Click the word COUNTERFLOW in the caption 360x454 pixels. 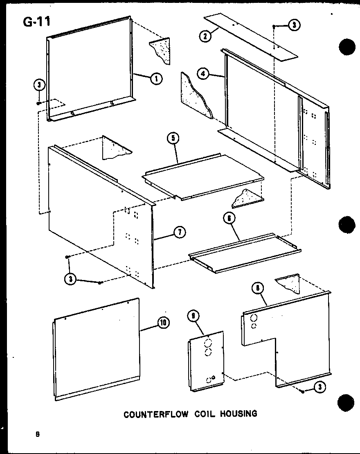tap(156, 414)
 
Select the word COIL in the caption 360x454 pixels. tap(203, 414)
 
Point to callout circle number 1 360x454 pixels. tap(156, 78)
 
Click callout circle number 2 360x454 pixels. tap(205, 36)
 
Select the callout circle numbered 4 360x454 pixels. tap(203, 74)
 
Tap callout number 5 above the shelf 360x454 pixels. tap(173, 138)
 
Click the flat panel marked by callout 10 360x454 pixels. tap(96, 350)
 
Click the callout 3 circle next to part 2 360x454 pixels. tap(294, 25)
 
